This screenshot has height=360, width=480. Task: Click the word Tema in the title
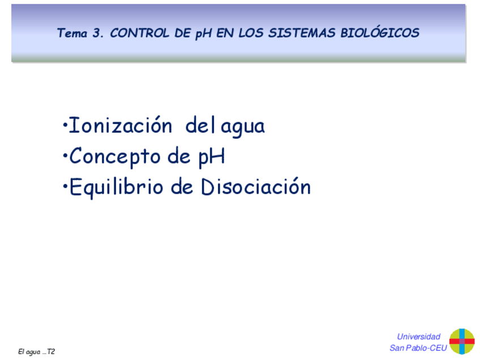pyautogui.click(x=72, y=33)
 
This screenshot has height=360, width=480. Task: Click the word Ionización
pyautogui.click(x=119, y=126)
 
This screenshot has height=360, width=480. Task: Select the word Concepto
pyautogui.click(x=115, y=157)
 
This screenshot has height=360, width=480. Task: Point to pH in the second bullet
pyautogui.click(x=211, y=157)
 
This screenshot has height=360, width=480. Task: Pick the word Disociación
pyautogui.click(x=256, y=187)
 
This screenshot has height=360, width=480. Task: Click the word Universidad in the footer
pyautogui.click(x=418, y=336)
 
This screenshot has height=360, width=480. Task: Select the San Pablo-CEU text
pyautogui.click(x=418, y=348)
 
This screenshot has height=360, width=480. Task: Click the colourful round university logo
pyautogui.click(x=462, y=341)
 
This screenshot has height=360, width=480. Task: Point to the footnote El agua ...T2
pyautogui.click(x=37, y=352)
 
